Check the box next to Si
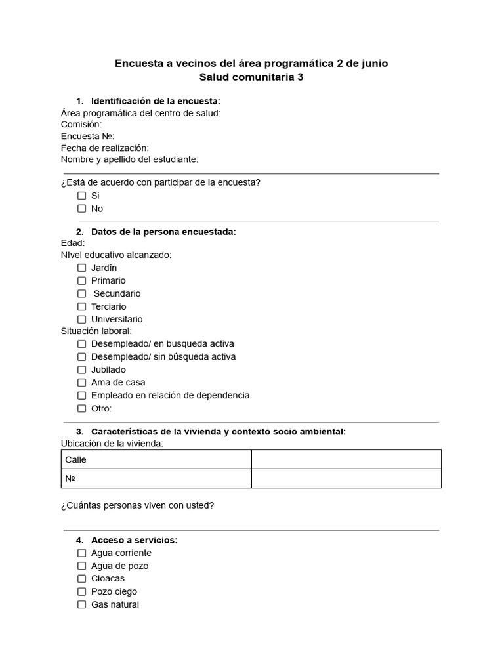click(x=82, y=196)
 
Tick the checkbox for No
click(x=82, y=209)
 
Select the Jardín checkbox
click(x=82, y=268)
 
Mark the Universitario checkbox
click(x=82, y=319)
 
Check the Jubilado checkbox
click(x=82, y=369)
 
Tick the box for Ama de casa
click(x=82, y=383)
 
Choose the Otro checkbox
click(x=82, y=408)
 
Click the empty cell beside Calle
click(x=346, y=459)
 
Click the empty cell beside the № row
click(x=346, y=478)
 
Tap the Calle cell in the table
click(x=156, y=459)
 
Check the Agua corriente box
click(x=82, y=553)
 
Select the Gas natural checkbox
click(x=82, y=604)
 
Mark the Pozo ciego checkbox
click(x=82, y=591)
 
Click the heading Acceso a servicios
click(x=134, y=540)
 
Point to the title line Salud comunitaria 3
click(x=251, y=77)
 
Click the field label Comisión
click(x=81, y=124)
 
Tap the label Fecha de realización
click(x=105, y=148)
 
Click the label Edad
click(x=73, y=243)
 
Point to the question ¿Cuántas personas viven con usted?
click(x=137, y=505)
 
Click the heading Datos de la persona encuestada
click(x=163, y=232)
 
